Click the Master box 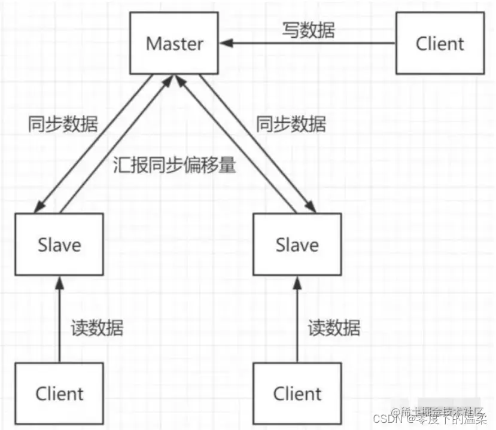[x=175, y=44]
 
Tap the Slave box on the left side [x=59, y=245]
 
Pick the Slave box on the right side [x=297, y=245]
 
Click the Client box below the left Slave [x=59, y=394]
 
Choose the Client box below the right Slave [x=297, y=394]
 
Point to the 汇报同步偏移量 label [x=174, y=166]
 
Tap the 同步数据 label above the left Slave [x=63, y=125]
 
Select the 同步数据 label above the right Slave [x=291, y=125]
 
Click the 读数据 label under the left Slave [x=97, y=328]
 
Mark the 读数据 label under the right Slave [x=334, y=328]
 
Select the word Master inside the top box [x=175, y=44]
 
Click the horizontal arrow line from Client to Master [x=311, y=44]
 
